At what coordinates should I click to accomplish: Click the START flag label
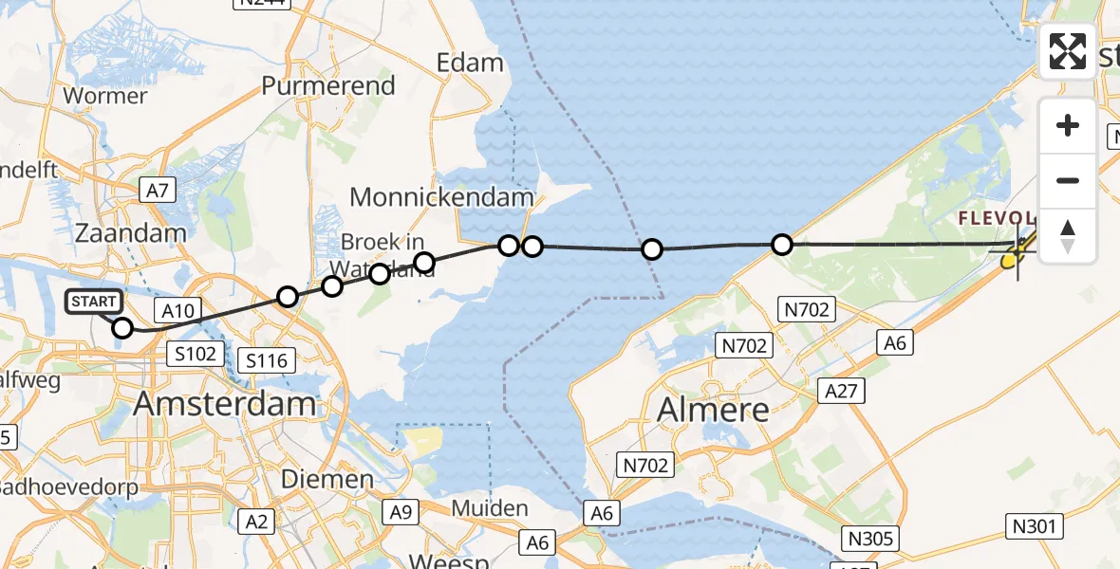tap(94, 302)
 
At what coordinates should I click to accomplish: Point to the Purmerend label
tap(328, 85)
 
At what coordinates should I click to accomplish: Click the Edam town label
tap(470, 63)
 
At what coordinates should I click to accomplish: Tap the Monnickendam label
tap(442, 197)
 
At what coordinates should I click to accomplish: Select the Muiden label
tap(489, 508)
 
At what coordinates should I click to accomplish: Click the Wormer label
tap(104, 96)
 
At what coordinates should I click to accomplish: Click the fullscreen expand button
tap(1068, 50)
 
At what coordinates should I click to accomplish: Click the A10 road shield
tap(177, 309)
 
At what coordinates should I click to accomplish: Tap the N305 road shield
tap(869, 539)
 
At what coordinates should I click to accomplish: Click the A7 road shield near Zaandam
tap(158, 191)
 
